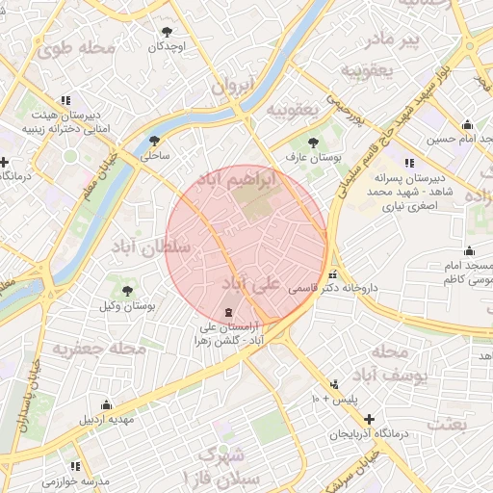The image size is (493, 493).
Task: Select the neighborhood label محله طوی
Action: click(85, 46)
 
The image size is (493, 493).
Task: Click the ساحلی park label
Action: click(156, 153)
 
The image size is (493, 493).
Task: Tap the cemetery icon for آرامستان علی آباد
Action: click(227, 312)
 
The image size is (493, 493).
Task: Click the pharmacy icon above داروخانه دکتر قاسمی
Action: click(334, 272)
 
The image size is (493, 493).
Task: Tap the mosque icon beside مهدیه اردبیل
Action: click(106, 404)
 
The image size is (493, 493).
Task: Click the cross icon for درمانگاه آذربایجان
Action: click(370, 419)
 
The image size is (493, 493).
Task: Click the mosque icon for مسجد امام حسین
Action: click(468, 124)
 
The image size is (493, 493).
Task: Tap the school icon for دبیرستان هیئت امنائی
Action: click(65, 99)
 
